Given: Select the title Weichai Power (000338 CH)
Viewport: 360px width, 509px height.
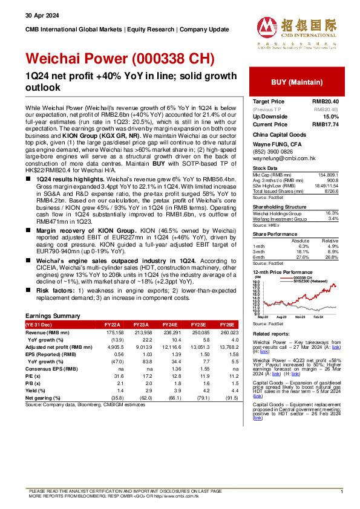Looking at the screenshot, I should (x=120, y=59).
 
